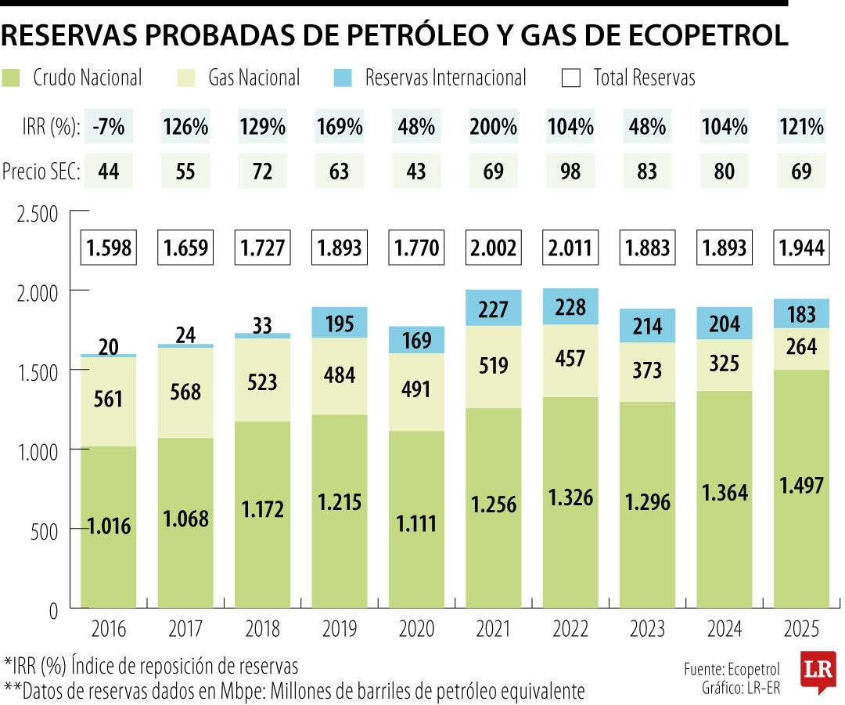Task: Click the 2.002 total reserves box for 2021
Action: [494, 248]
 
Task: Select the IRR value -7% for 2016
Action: [108, 127]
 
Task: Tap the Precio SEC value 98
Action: [570, 172]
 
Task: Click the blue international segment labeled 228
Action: [570, 307]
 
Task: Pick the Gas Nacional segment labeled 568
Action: [185, 394]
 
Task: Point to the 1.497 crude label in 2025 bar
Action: [801, 486]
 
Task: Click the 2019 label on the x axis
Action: [339, 629]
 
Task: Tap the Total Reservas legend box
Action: [571, 78]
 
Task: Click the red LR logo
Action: [818, 672]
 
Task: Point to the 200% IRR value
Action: [494, 127]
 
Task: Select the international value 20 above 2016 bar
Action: [109, 347]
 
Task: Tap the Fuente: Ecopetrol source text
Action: [731, 670]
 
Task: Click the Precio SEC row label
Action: [41, 172]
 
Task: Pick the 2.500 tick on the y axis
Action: [38, 213]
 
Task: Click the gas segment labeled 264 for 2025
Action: [801, 346]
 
